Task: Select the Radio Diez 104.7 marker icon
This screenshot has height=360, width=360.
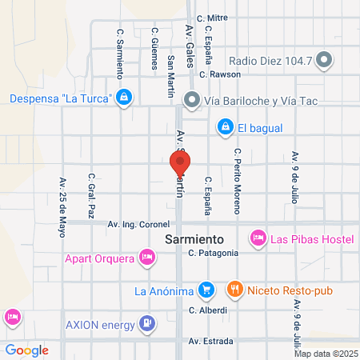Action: pyautogui.click(x=324, y=60)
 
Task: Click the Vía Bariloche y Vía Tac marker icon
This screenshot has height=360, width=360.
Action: pyautogui.click(x=192, y=100)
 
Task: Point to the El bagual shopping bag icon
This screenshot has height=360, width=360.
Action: pyautogui.click(x=225, y=127)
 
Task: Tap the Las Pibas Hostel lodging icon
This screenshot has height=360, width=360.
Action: pyautogui.click(x=258, y=238)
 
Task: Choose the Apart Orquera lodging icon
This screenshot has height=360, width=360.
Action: pyautogui.click(x=146, y=258)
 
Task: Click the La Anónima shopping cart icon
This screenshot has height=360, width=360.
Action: pyautogui.click(x=206, y=289)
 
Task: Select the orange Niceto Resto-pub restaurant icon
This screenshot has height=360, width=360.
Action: pyautogui.click(x=234, y=289)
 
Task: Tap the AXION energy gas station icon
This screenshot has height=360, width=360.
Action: pyautogui.click(x=147, y=323)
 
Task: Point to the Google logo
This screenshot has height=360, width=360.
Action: pyautogui.click(x=27, y=350)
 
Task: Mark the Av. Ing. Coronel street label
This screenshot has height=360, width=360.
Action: pyautogui.click(x=140, y=225)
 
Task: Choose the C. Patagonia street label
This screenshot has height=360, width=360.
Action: pyautogui.click(x=214, y=253)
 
